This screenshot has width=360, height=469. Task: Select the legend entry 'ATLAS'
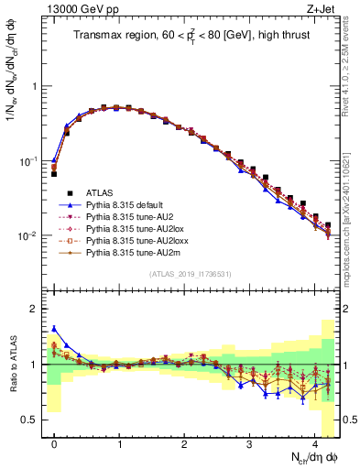109,193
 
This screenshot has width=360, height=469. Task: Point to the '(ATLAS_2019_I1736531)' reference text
191,274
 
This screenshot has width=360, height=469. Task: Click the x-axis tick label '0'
54,443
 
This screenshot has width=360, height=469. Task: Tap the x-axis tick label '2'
184,443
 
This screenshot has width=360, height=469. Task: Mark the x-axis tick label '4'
314,443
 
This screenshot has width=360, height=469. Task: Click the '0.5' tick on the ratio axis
33,420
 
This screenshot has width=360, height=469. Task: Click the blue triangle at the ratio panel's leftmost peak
54,328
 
